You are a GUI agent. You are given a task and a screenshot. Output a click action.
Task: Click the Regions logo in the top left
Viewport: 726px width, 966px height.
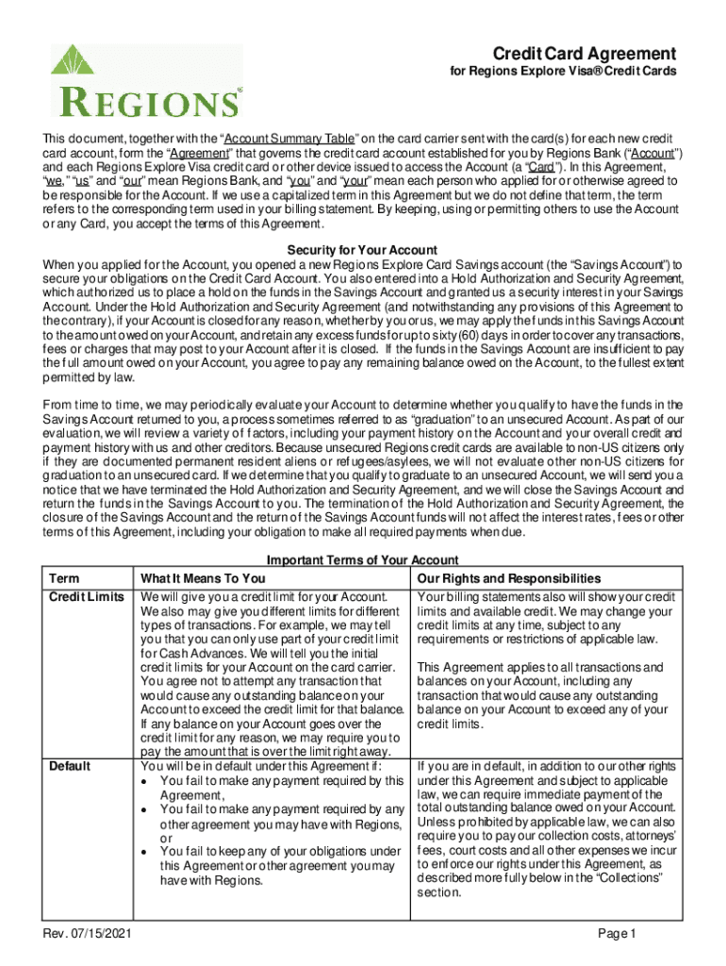[x=146, y=80]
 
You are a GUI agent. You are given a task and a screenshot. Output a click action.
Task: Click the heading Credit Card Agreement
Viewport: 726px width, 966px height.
[x=578, y=53]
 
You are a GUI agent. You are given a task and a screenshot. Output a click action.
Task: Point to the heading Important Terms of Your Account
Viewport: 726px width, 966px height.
[x=362, y=559]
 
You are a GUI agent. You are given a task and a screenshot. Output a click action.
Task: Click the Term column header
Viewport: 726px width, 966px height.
[x=64, y=577]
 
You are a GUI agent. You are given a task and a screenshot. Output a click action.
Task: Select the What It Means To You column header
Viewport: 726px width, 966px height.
[x=202, y=577]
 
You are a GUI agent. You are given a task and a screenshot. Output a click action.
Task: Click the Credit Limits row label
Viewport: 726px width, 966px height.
[x=85, y=598]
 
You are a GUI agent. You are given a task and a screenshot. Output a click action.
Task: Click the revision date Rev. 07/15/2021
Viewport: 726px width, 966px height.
[x=91, y=934]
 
